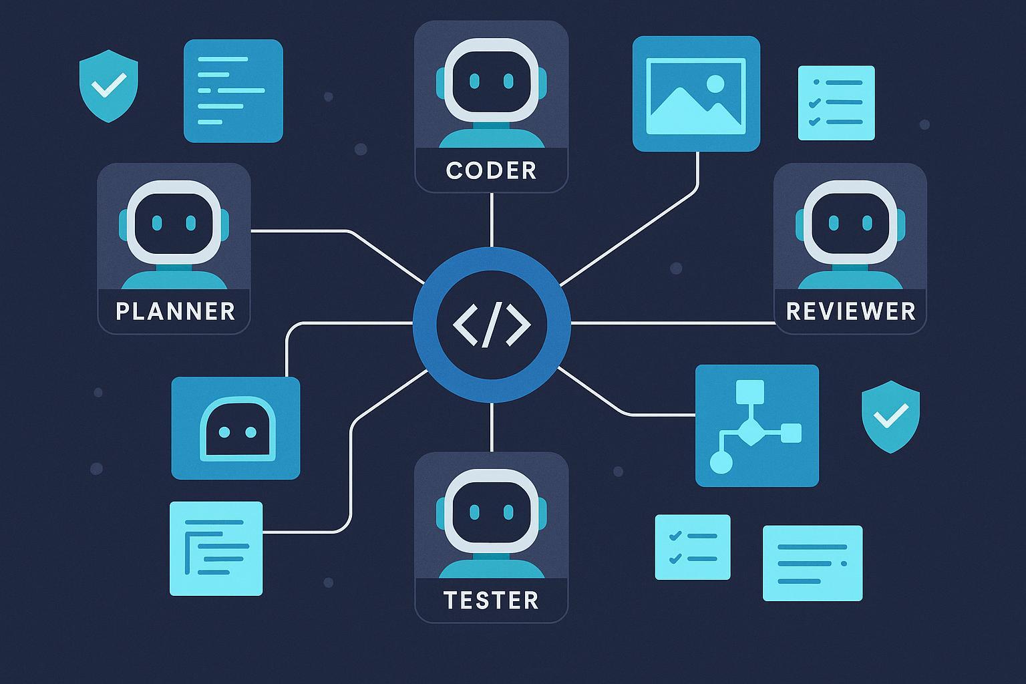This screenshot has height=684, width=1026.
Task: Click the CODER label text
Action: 491,170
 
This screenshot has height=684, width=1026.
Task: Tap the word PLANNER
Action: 175,311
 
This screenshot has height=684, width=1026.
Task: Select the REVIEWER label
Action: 850,311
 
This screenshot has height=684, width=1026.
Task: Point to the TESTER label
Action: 491,600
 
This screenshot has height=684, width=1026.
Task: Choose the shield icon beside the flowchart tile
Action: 890,416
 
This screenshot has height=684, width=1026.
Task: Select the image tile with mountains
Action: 696,94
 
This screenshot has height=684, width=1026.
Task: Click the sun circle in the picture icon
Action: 715,83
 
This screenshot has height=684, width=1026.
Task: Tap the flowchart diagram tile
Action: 757,425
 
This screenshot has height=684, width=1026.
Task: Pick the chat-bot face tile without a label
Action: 236,428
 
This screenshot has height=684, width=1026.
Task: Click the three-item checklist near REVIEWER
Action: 836,102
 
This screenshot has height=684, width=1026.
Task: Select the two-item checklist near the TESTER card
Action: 693,546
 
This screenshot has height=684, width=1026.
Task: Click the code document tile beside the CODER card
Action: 233,91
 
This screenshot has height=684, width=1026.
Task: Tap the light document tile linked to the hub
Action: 216,548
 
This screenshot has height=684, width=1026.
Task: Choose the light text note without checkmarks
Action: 812,562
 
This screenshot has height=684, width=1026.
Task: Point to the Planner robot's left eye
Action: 157,222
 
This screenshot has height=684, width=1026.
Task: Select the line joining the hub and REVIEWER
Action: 671,323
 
